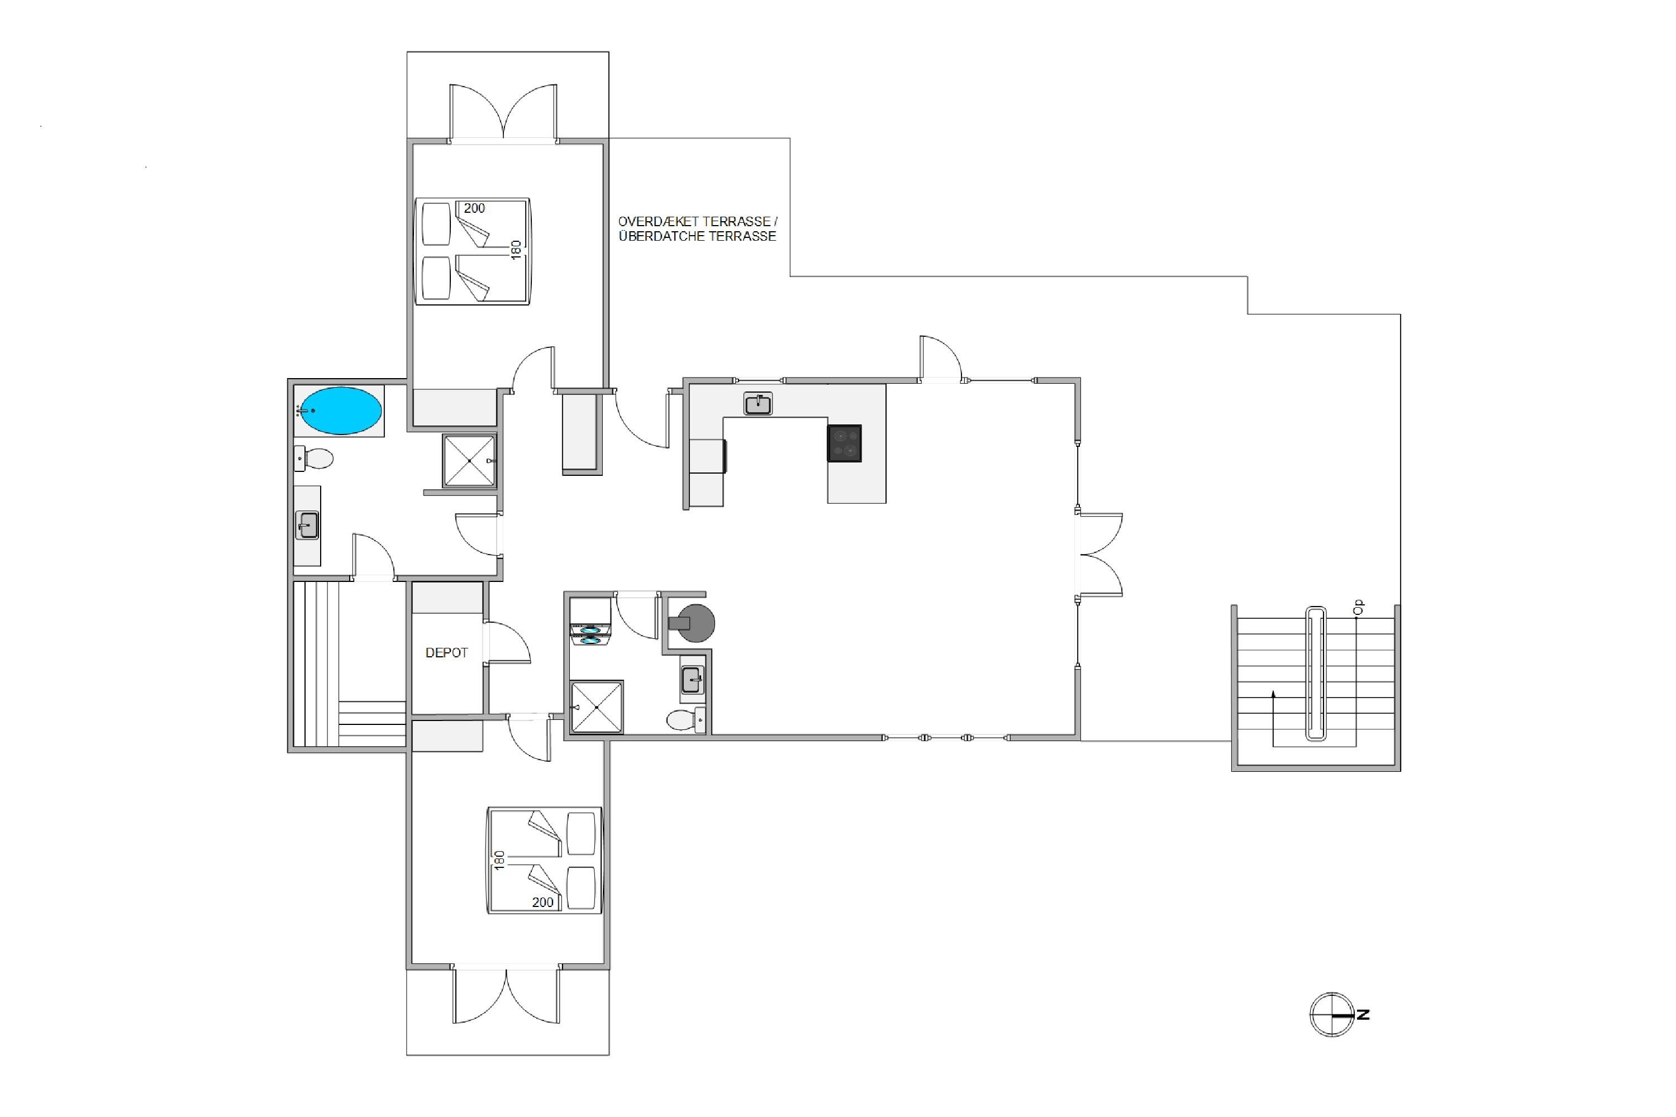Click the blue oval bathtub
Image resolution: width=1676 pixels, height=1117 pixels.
click(x=340, y=410)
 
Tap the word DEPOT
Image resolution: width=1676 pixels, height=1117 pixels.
click(x=447, y=652)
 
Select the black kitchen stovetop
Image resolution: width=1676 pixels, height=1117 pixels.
click(x=844, y=443)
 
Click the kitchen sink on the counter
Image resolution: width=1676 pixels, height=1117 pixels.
click(x=758, y=404)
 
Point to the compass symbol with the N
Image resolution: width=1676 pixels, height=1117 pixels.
click(x=1332, y=1014)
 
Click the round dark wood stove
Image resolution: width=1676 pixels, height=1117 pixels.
click(x=693, y=623)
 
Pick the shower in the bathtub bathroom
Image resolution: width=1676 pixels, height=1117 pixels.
click(x=469, y=461)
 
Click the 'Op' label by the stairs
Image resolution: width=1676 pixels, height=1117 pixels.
click(x=1358, y=607)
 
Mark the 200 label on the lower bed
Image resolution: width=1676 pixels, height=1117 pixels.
click(x=542, y=902)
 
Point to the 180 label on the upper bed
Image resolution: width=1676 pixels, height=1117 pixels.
click(x=516, y=249)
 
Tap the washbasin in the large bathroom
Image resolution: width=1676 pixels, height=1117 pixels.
click(x=307, y=526)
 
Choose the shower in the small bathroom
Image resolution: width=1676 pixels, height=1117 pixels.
click(x=597, y=708)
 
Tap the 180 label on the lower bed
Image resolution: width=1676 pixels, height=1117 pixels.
click(x=499, y=860)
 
